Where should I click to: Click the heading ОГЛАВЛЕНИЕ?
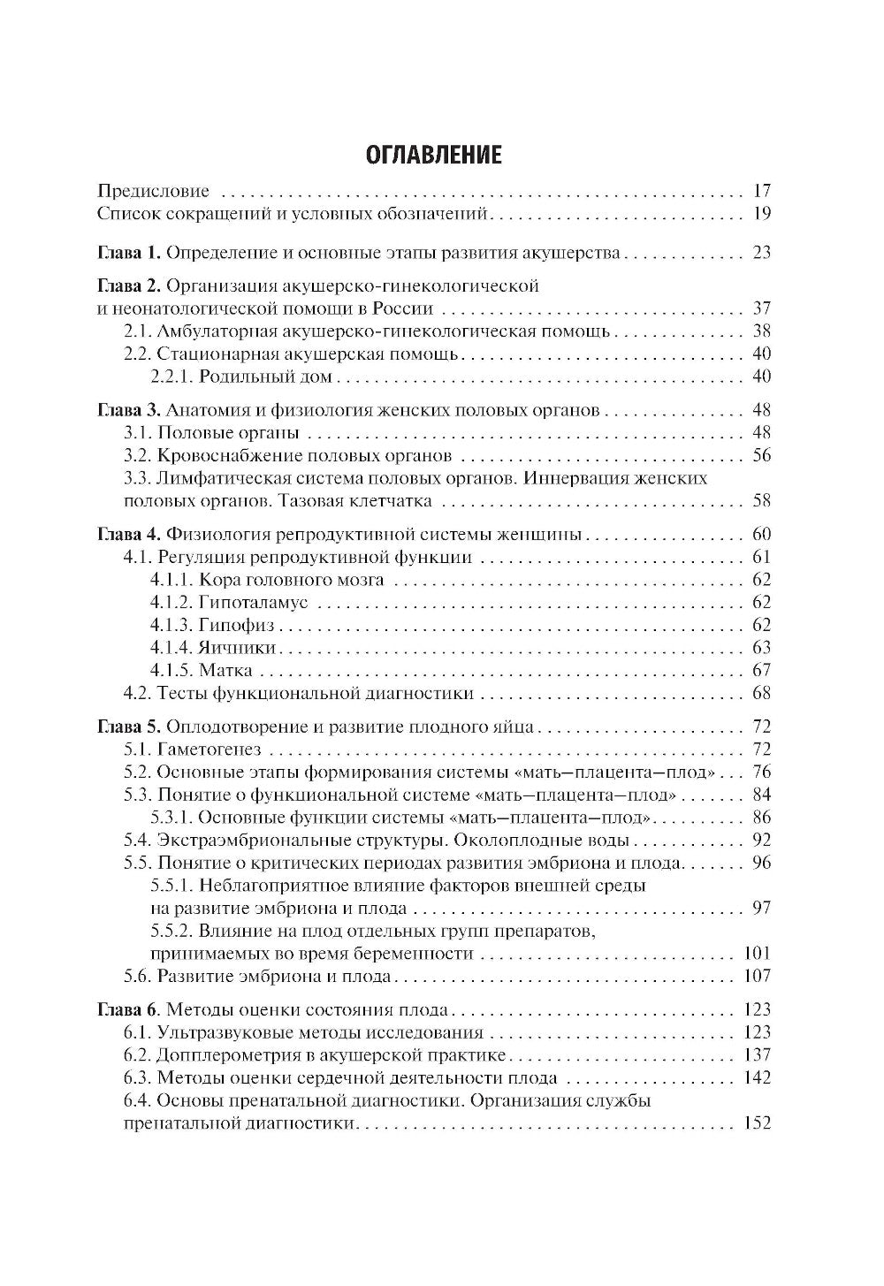pos(433,155)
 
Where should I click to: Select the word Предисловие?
pos(153,191)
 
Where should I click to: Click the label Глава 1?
pos(127,254)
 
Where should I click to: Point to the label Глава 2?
pos(127,286)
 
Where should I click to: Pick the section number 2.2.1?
pos(171,377)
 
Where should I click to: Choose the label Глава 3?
pos(127,411)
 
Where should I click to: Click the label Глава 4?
pos(127,535)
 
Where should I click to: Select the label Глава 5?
pos(127,727)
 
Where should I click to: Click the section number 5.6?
pos(137,977)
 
